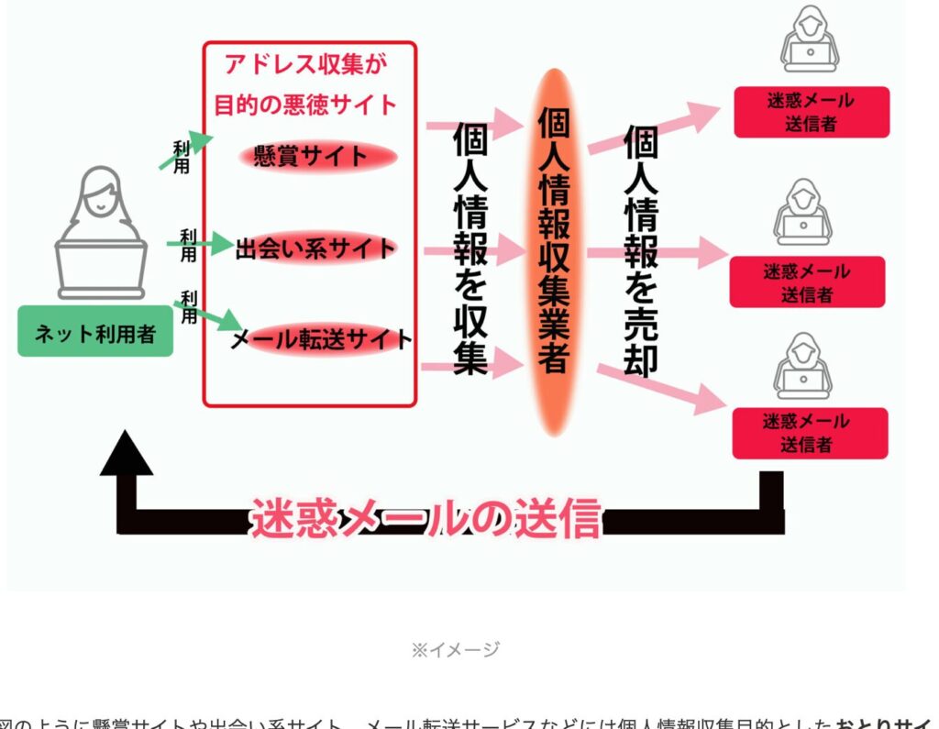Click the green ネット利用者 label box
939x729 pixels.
click(95, 331)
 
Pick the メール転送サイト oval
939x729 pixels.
click(321, 339)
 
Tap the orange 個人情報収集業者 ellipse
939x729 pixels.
click(552, 252)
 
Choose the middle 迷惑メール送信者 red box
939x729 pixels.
click(807, 282)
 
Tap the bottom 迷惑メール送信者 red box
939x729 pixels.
click(809, 433)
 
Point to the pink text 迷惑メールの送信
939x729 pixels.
click(426, 519)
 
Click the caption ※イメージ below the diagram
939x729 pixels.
click(455, 650)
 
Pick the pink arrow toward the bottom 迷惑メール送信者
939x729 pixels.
click(660, 387)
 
